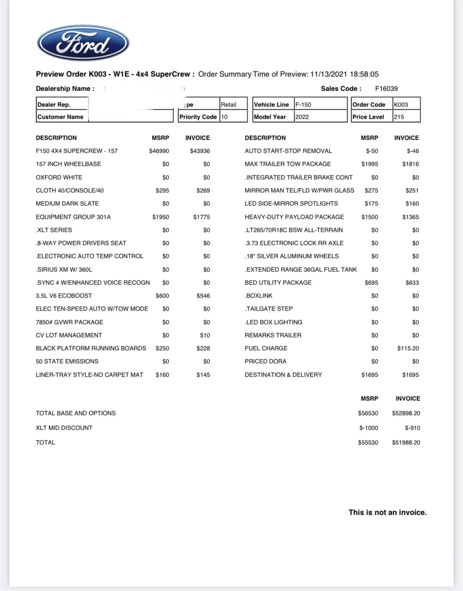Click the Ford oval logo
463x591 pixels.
pos(83,43)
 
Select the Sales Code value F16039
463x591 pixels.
pos(386,89)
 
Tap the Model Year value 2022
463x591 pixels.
pos(302,117)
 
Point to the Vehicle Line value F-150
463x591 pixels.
pos(303,105)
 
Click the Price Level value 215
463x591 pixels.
pos(399,117)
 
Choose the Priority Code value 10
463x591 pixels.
pos(224,117)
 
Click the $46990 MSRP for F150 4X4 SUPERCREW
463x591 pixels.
pos(159,151)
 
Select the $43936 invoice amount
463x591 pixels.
pos(200,151)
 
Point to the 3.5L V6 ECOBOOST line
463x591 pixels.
pos(64,296)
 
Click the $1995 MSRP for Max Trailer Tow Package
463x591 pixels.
pos(370,164)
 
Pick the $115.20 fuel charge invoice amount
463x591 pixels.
pos(408,349)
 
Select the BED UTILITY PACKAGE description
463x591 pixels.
pos(278,283)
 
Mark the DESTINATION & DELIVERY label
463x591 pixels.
pos(283,375)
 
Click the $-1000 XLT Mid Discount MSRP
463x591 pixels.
pos(369,428)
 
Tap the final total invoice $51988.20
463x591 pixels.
pos(406,443)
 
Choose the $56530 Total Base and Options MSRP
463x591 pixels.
pos(368,413)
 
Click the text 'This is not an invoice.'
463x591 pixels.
pos(387,513)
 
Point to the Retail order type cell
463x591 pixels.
pos(229,105)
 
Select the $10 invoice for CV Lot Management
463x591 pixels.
pos(205,335)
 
